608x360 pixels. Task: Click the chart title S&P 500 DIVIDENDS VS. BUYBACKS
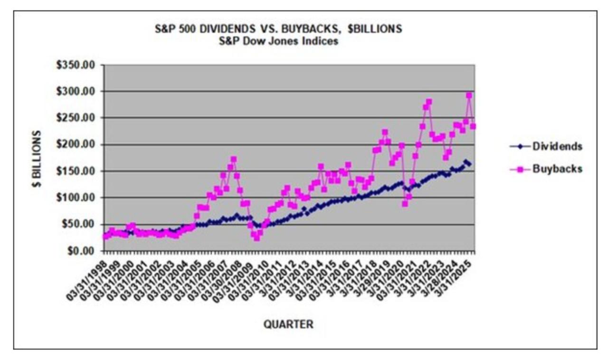pyautogui.click(x=279, y=29)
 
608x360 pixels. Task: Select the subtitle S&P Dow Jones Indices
pyautogui.click(x=279, y=41)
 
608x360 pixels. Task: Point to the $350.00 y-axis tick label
pyautogui.click(x=80, y=65)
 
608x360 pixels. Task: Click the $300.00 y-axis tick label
pyautogui.click(x=80, y=91)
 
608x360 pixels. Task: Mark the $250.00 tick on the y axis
pyautogui.click(x=80, y=118)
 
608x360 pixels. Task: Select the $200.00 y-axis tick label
pyautogui.click(x=80, y=144)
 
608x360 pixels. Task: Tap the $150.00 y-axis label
pyautogui.click(x=80, y=171)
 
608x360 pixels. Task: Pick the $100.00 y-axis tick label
pyautogui.click(x=80, y=198)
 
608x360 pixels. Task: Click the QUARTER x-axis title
pyautogui.click(x=288, y=325)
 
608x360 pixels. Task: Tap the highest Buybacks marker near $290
pyautogui.click(x=469, y=95)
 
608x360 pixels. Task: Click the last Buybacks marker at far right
pyautogui.click(x=473, y=126)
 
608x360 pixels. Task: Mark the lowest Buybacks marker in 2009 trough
pyautogui.click(x=256, y=238)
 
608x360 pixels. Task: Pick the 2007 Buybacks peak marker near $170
pyautogui.click(x=233, y=160)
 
